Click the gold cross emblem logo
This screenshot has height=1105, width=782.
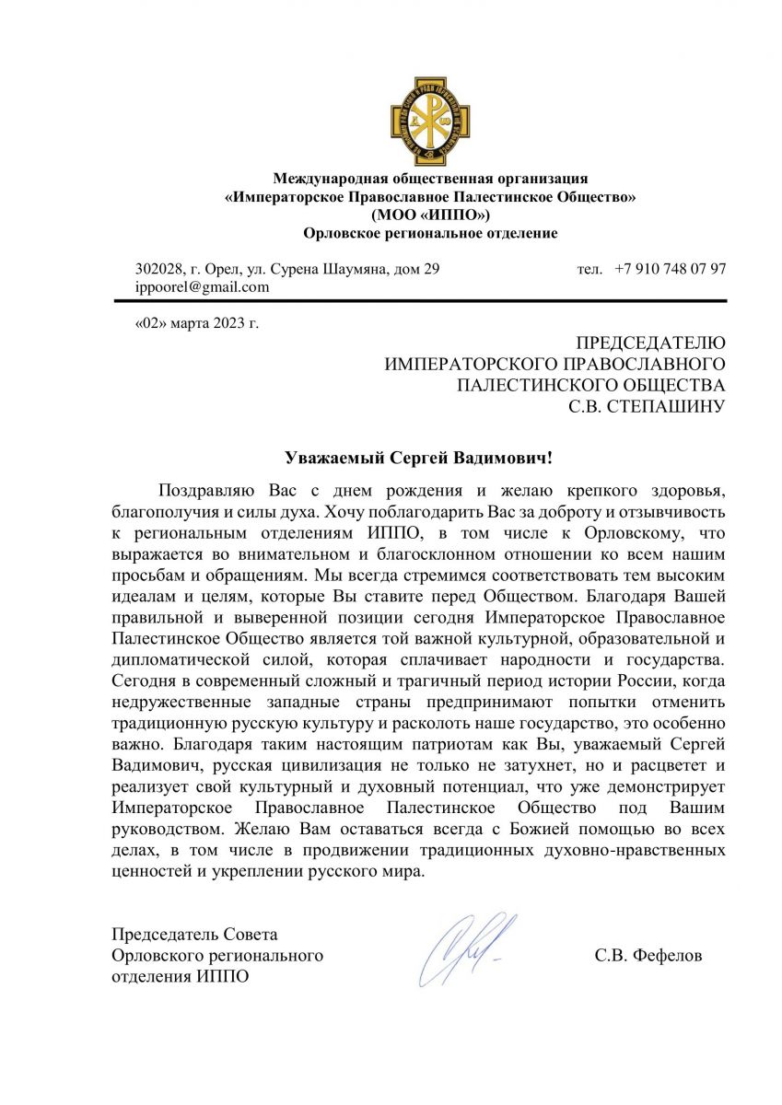pos(430,122)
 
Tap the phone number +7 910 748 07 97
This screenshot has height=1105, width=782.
pos(671,269)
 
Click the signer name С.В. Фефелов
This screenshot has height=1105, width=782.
pos(648,956)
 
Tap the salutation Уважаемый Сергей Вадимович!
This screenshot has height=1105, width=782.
pos(423,457)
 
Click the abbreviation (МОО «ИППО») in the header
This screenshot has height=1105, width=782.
pos(430,215)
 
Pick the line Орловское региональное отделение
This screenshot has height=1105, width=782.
pos(430,233)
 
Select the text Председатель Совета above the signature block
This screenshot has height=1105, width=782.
pos(194,935)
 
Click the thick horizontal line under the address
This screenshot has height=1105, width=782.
pos(430,301)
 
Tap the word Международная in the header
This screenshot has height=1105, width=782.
pos(327,178)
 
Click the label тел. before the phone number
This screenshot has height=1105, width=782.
pos(589,269)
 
